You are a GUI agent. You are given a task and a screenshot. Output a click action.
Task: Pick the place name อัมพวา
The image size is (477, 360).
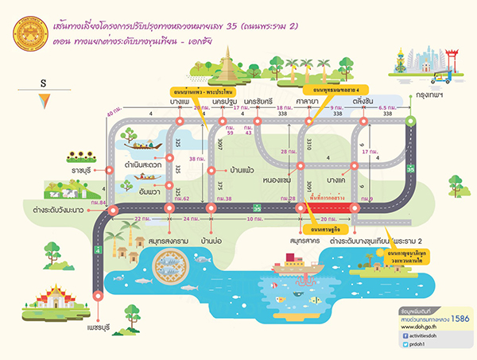click(x=140, y=192)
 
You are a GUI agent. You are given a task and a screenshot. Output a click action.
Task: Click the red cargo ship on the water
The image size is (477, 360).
click(x=297, y=268)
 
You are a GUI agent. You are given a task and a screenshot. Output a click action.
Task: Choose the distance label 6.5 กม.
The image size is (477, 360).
click(x=387, y=108)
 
